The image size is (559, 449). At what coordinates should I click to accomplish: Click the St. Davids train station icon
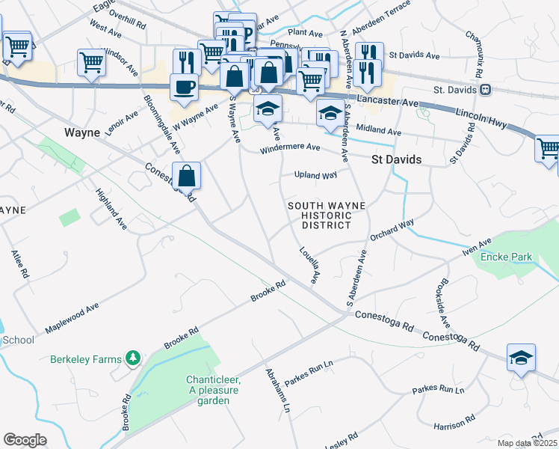pos(486,91)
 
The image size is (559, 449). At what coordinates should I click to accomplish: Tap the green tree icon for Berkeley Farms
pos(133,359)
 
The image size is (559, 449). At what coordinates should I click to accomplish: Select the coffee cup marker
pos(185,87)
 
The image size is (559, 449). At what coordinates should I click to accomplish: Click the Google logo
pos(25,440)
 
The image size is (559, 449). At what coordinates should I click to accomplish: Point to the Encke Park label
pos(507,257)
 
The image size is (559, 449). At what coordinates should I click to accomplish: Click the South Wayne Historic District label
pos(327,216)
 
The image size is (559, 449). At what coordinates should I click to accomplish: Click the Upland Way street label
pos(316,175)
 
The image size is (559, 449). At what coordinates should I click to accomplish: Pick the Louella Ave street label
pos(309,265)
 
